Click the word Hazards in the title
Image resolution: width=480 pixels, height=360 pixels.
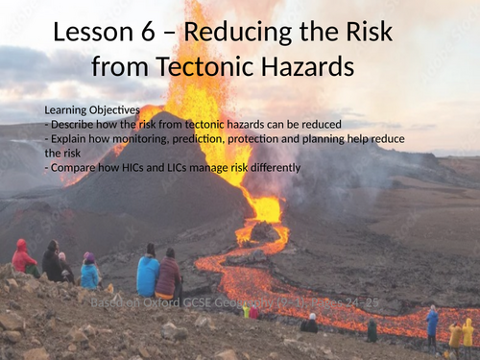point(307,67)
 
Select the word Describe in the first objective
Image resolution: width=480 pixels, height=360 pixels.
point(73,124)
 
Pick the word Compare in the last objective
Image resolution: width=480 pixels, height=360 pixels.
point(74,168)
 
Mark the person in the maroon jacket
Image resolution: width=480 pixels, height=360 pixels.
point(169,275)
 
